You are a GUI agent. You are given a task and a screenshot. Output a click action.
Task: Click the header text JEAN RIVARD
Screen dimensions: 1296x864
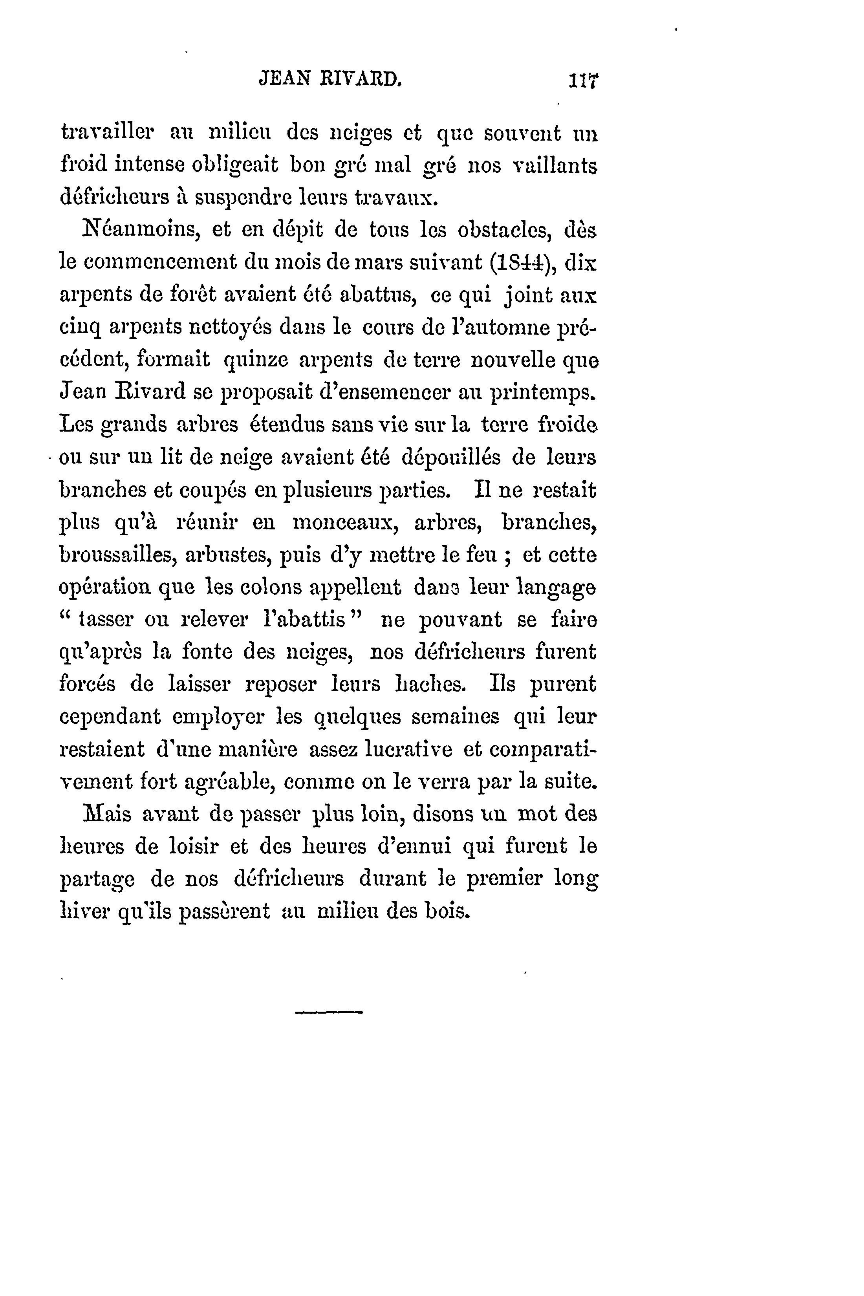330,80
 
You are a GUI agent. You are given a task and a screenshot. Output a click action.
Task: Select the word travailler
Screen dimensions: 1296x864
108,134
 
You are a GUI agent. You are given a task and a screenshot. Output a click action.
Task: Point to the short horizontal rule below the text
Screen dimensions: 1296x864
329,1012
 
